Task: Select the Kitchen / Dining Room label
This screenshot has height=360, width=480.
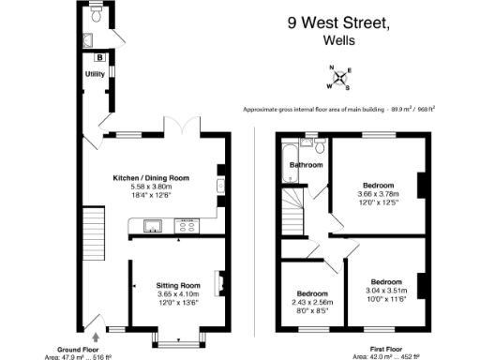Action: (x=151, y=177)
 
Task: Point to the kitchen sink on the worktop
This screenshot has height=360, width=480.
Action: (x=150, y=224)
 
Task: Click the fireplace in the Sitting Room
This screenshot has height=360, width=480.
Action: (x=217, y=282)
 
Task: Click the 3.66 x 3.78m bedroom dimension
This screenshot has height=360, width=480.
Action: (x=379, y=195)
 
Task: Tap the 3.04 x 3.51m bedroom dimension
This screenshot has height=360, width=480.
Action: (x=386, y=292)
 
